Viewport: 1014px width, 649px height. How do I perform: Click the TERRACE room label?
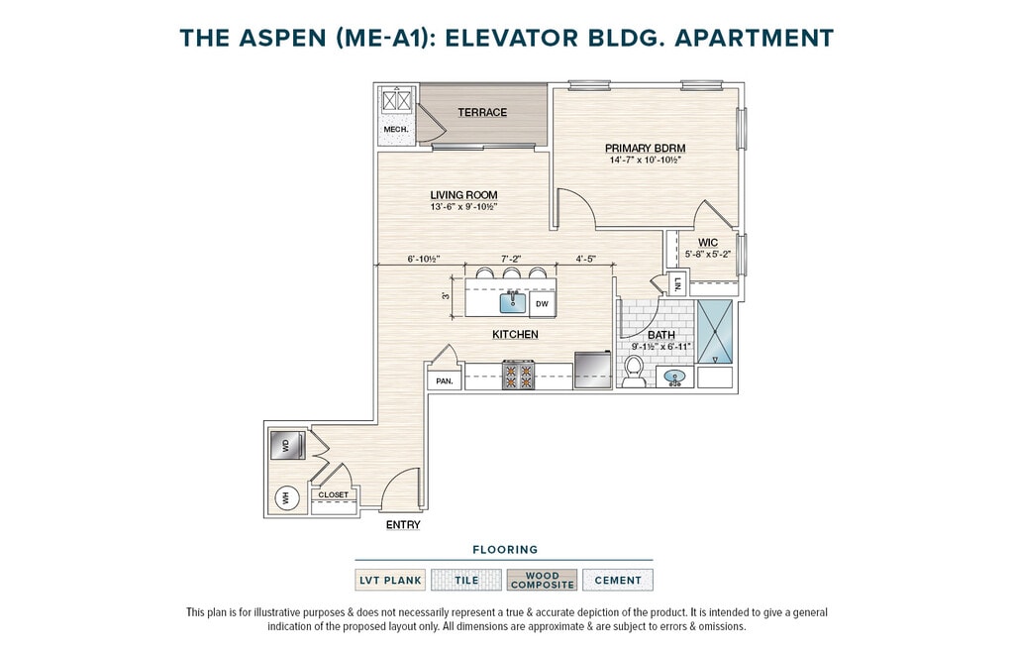pos(482,113)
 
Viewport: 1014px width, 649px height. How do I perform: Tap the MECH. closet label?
pos(396,130)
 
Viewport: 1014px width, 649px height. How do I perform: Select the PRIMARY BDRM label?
pos(645,149)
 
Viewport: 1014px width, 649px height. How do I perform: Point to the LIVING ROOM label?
pos(463,195)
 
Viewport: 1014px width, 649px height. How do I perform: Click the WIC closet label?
pos(707,243)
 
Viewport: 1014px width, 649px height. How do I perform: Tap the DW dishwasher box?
pos(542,304)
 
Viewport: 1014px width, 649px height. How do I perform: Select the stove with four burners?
pos(519,376)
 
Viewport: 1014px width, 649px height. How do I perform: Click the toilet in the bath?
pos(634,372)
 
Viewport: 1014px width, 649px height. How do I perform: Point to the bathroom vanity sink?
pos(675,378)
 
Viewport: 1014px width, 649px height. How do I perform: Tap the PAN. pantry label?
pos(445,381)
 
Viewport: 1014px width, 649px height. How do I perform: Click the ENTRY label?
pos(403,525)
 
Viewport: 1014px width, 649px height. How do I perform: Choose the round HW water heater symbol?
pos(284,497)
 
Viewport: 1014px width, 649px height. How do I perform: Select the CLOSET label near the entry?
pos(333,494)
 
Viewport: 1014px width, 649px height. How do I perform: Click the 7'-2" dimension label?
pos(511,259)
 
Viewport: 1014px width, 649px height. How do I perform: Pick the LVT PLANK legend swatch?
pos(390,580)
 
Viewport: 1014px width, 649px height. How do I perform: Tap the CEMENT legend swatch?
pos(618,580)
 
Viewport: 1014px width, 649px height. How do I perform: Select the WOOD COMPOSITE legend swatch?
pos(542,580)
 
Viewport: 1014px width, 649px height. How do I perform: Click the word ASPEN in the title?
pos(282,39)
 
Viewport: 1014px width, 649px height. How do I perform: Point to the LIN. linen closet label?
pos(677,284)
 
